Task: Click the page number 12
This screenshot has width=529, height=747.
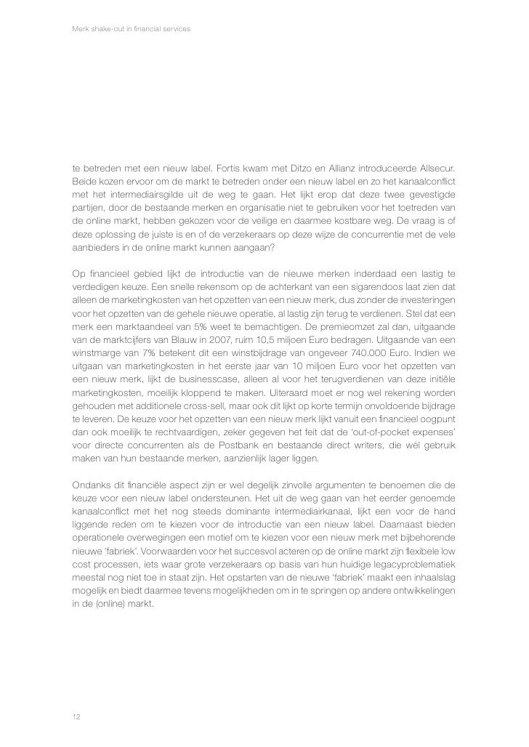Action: tap(76, 716)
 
